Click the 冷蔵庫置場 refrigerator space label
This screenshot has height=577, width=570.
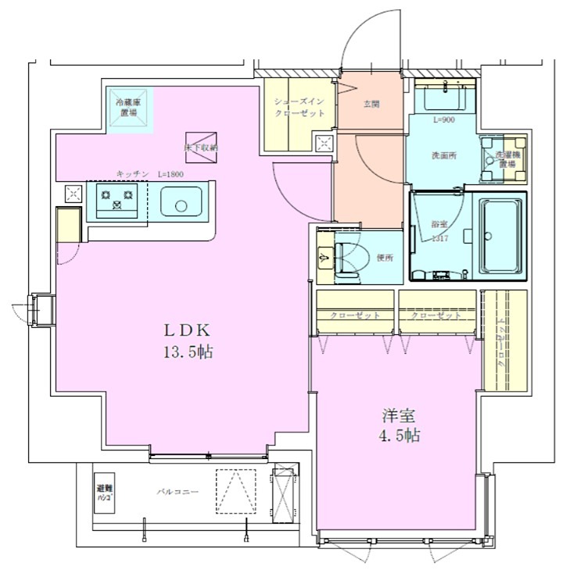click(127, 108)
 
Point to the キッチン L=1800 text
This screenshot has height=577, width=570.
click(149, 174)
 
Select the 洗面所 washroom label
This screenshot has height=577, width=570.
click(444, 155)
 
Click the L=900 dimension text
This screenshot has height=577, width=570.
click(443, 119)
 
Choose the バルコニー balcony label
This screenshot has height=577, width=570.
click(177, 492)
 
